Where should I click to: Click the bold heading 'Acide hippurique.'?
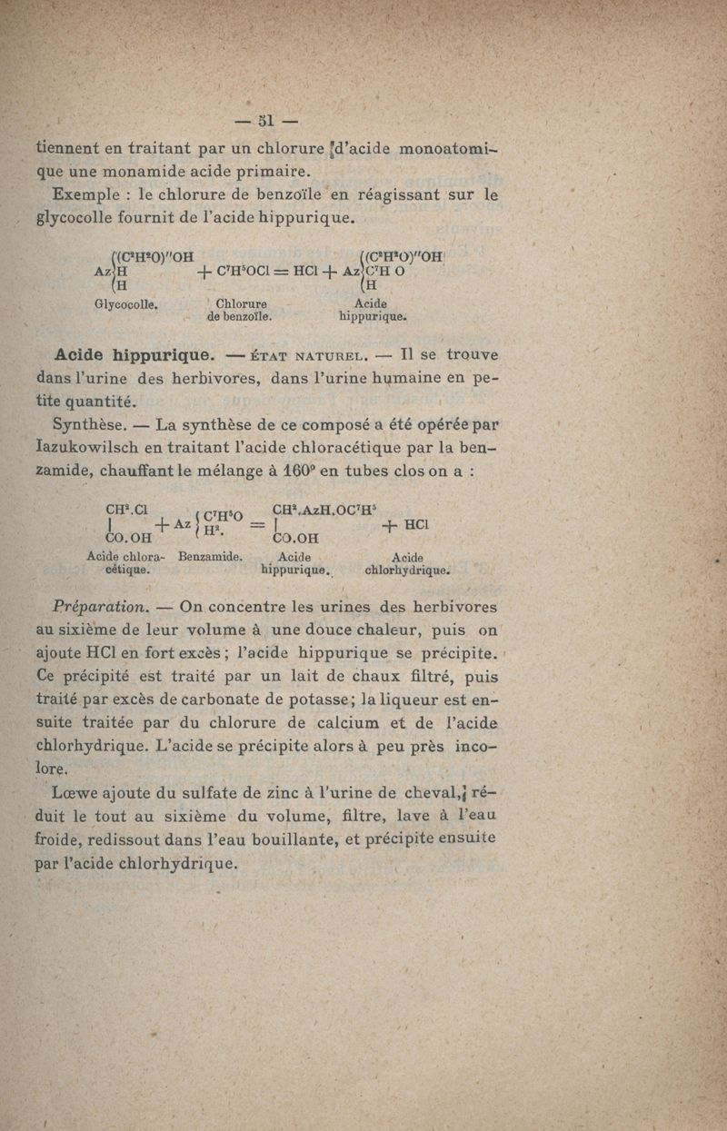[134, 353]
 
